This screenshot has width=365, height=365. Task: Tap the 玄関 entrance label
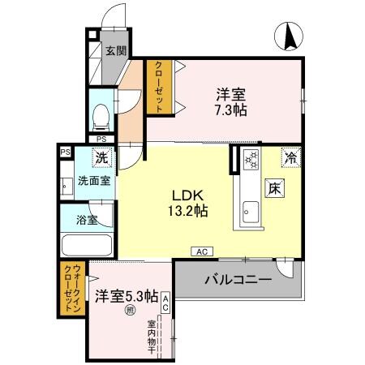point(115,51)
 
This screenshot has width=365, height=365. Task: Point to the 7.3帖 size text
point(231,110)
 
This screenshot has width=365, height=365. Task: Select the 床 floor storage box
point(275,190)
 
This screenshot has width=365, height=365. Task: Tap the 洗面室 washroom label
point(94,182)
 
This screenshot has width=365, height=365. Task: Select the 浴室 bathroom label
point(88,220)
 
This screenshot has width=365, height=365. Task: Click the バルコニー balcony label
point(237,280)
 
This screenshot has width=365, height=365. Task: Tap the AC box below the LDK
point(200,252)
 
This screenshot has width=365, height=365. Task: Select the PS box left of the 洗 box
point(63,151)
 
